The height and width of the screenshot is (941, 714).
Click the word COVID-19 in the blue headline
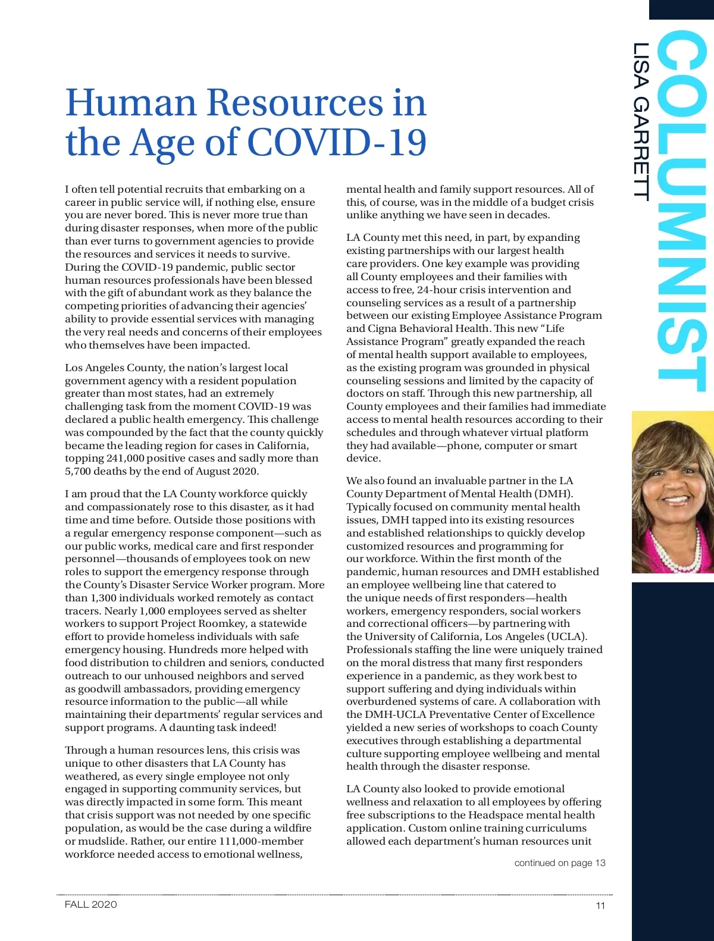click(x=337, y=143)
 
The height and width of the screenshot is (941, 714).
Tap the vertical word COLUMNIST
click(x=682, y=211)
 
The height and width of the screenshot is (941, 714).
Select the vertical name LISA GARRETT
click(x=641, y=122)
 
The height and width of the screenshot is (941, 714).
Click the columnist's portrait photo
click(x=672, y=492)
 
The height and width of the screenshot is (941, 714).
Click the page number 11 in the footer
click(x=600, y=905)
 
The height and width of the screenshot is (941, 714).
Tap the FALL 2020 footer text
click(x=91, y=904)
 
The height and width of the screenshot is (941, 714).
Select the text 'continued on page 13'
click(x=560, y=862)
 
